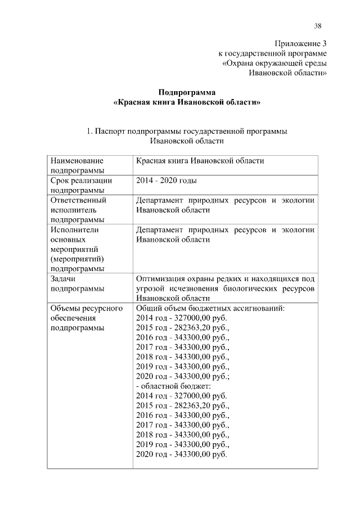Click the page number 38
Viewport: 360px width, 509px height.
point(318,26)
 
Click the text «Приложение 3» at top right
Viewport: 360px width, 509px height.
point(301,43)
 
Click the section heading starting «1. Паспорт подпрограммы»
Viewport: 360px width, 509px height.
point(187,131)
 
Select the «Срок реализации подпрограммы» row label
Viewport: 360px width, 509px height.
point(80,186)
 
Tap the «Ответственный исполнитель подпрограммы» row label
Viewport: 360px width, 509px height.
point(78,210)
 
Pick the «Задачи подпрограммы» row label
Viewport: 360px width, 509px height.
point(76,283)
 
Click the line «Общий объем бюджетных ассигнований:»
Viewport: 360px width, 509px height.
point(210,308)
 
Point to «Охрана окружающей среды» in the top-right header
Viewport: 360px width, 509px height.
point(275,63)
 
